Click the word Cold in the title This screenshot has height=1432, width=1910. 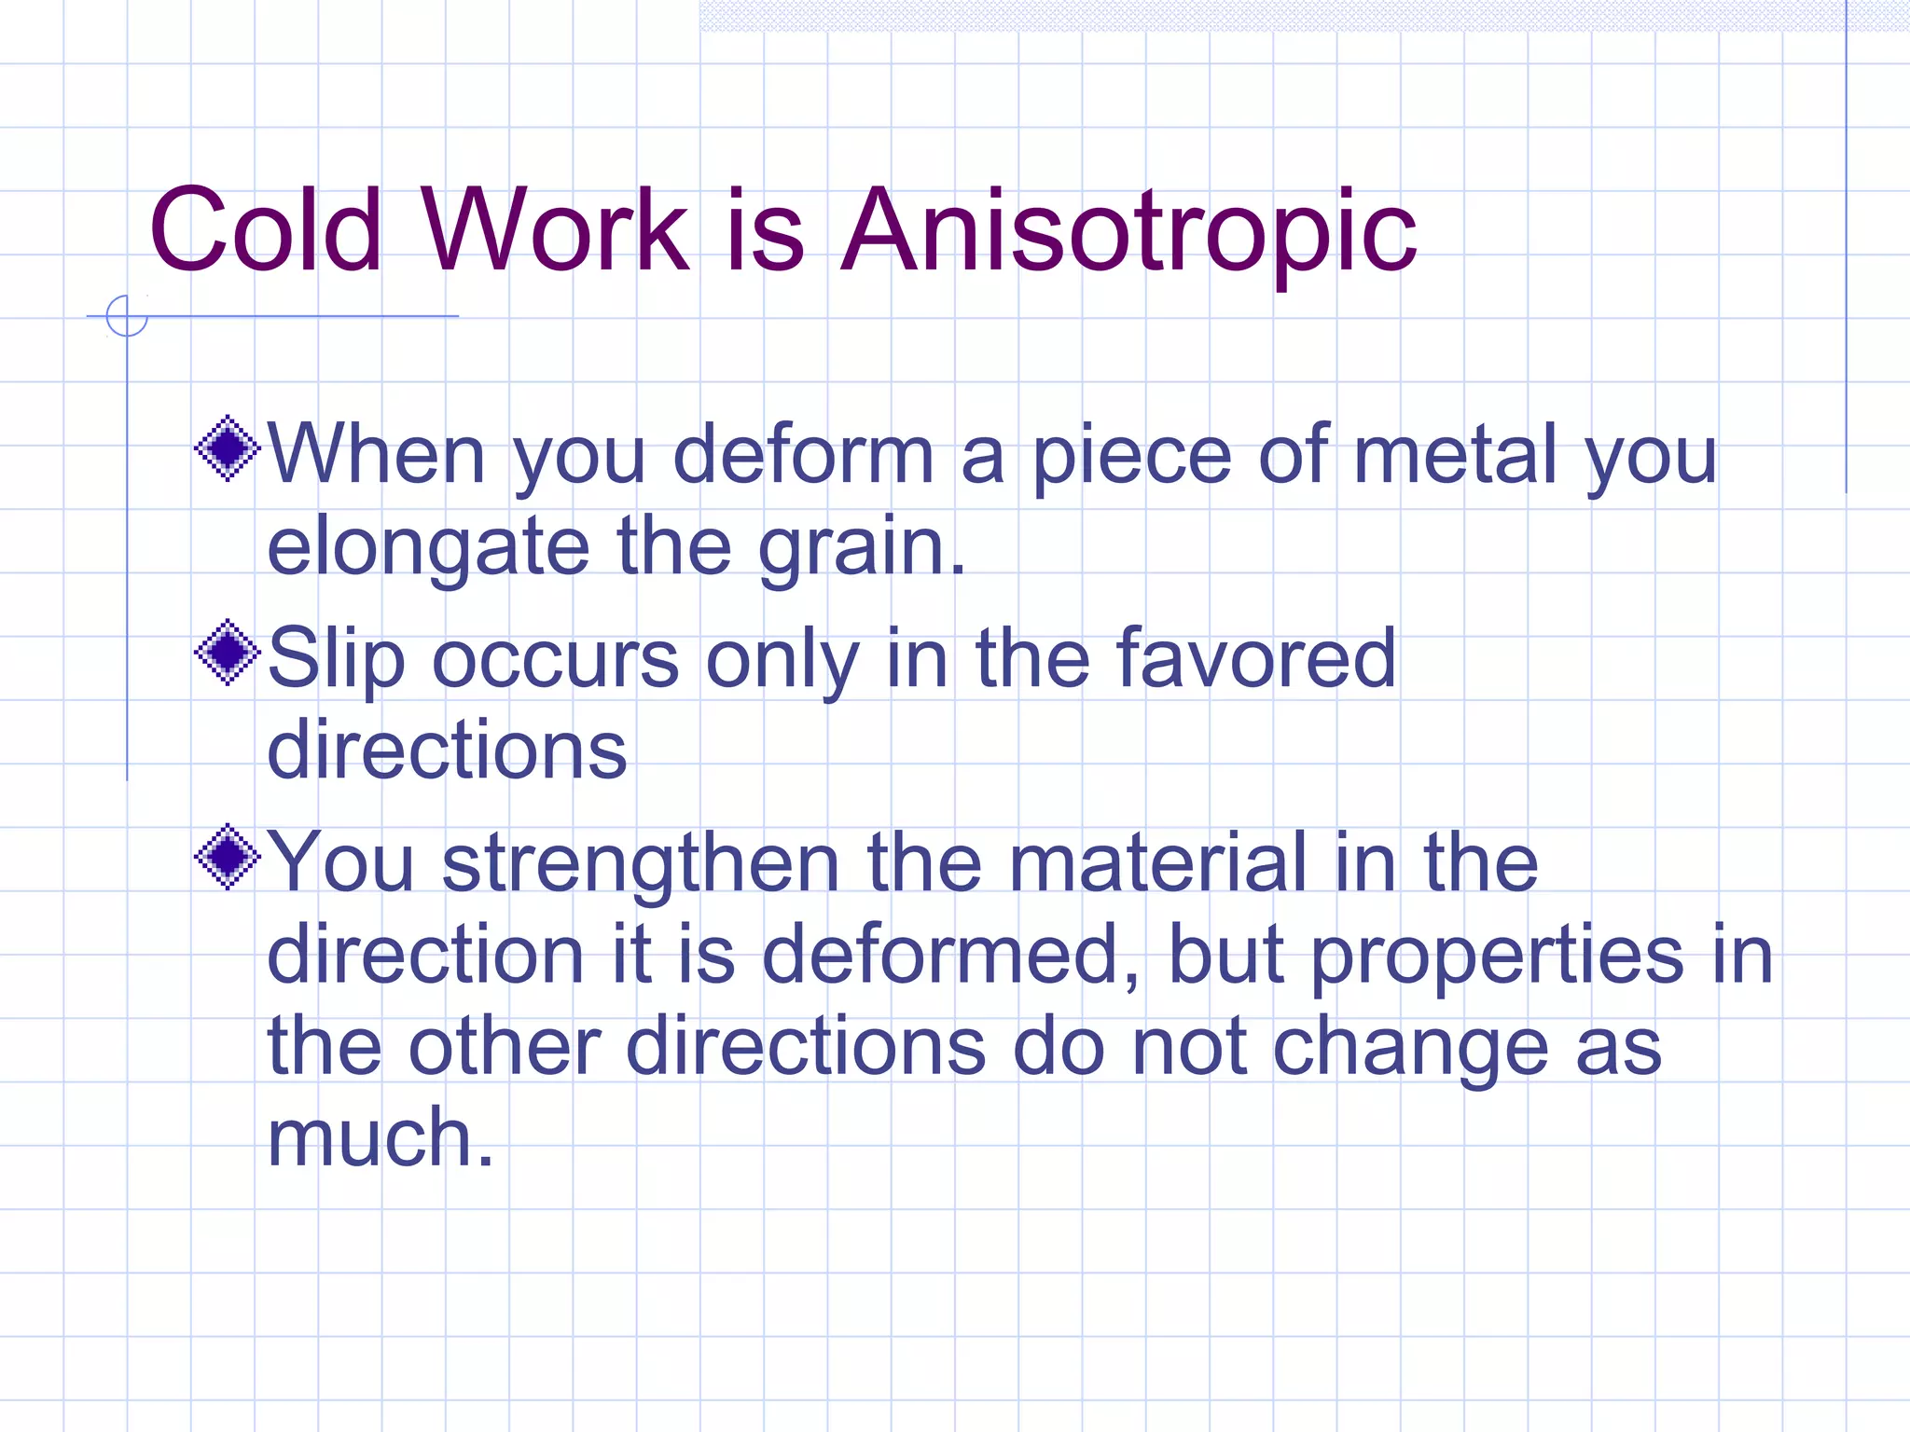coord(266,231)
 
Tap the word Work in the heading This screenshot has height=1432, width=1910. coord(556,231)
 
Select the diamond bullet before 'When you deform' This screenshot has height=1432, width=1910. coord(228,448)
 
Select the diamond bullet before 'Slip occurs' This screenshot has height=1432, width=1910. coord(228,653)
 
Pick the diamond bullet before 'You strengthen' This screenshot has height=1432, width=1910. coord(228,857)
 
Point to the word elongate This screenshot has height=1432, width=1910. coord(428,548)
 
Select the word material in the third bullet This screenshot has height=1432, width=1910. coord(1157,863)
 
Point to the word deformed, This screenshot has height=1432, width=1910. coord(951,955)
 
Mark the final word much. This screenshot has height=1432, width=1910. coord(381,1137)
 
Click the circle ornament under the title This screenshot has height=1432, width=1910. coord(127,315)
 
